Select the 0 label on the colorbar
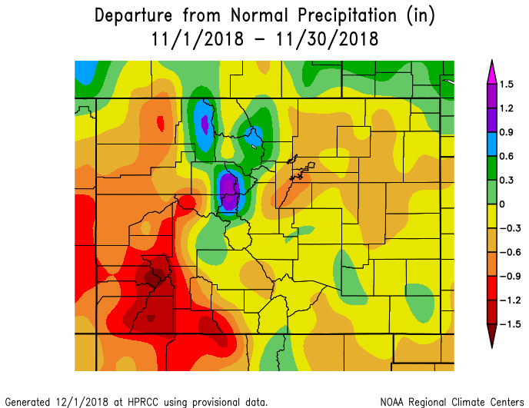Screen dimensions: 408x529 [x=501, y=204]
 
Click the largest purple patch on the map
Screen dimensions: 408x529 [x=228, y=190]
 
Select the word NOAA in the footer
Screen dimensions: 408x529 [x=393, y=402]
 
